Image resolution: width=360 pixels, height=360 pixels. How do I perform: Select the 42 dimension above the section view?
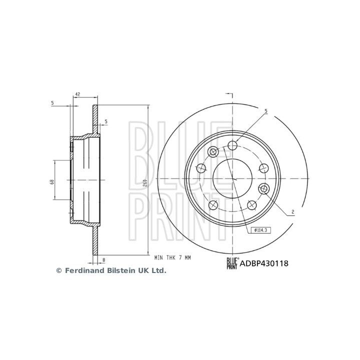77,94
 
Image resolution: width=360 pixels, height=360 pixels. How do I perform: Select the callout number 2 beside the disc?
292,212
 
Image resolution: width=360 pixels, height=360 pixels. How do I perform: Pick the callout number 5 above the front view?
266,110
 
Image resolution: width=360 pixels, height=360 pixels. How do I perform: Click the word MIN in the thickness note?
158,257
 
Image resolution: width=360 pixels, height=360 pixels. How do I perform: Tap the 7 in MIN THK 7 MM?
180,257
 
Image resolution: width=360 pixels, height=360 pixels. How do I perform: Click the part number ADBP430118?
264,262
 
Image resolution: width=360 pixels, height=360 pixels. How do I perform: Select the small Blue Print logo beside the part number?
232,262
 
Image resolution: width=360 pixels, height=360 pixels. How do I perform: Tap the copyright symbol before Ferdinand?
58,270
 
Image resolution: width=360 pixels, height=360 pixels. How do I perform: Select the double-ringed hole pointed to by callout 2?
264,188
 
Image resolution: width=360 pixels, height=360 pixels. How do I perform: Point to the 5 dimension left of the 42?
52,103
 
